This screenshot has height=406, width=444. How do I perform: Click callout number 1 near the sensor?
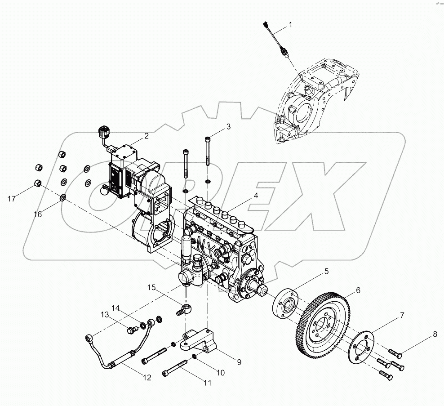(x=290, y=25)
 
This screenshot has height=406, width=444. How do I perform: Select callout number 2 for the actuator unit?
(x=147, y=135)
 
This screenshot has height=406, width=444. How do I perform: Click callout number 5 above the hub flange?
(x=326, y=271)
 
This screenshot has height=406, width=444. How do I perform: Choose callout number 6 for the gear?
(x=358, y=290)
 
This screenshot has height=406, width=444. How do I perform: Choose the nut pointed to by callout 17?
(x=38, y=183)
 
